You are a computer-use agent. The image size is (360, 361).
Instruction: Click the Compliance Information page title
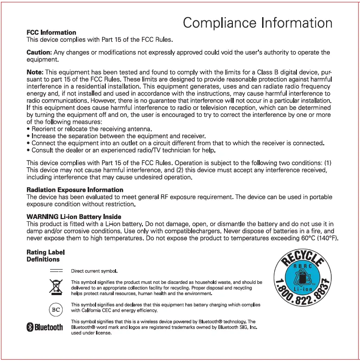[x=257, y=23]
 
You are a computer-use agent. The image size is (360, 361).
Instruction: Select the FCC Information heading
[x=51, y=32]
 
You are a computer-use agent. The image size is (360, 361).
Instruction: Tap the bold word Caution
[x=39, y=52]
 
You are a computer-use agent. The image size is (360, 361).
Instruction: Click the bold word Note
[x=35, y=72]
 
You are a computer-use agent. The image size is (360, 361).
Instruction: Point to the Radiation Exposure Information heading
[x=75, y=190]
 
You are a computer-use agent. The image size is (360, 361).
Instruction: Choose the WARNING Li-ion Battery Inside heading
[x=74, y=217]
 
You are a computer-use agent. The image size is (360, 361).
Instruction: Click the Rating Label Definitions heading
[x=45, y=256]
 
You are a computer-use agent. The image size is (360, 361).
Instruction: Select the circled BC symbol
[x=56, y=308]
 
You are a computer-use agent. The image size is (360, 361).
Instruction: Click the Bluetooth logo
[x=45, y=327]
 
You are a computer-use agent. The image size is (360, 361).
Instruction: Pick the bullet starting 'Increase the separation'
[x=116, y=135]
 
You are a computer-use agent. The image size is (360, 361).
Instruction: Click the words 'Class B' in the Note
[x=269, y=72]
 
